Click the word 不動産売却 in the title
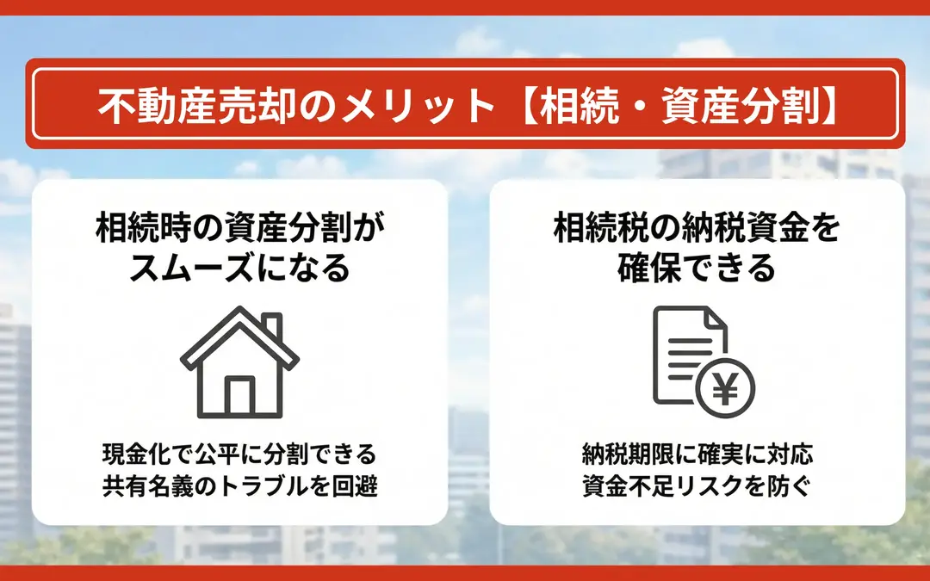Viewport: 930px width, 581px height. click(x=196, y=106)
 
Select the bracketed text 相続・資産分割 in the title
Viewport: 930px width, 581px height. click(x=680, y=106)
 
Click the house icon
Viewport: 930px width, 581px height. click(x=239, y=362)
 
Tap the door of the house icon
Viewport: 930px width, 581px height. click(x=239, y=395)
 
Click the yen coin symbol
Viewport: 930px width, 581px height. click(x=725, y=388)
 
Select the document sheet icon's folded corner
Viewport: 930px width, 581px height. click(x=716, y=318)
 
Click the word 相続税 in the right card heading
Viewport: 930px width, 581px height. click(x=601, y=227)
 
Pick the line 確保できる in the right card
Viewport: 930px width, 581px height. click(x=697, y=268)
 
